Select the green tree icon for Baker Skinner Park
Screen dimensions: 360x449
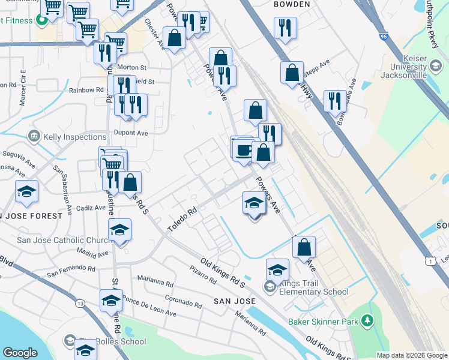(366, 322)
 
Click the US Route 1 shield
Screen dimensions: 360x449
(429, 261)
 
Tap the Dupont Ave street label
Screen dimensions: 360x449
(130, 133)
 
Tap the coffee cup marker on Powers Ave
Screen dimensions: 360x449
(243, 150)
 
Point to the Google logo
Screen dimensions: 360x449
(20, 352)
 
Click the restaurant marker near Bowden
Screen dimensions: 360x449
(285, 28)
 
